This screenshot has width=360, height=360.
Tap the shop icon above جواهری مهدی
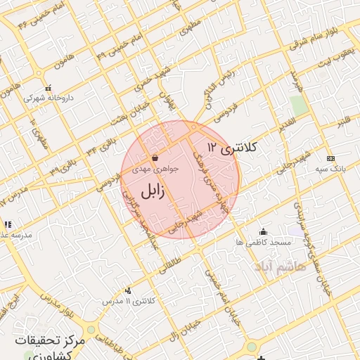(x=154, y=158)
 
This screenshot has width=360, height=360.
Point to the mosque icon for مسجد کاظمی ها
(x=263, y=231)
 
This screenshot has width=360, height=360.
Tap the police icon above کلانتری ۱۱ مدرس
(x=128, y=290)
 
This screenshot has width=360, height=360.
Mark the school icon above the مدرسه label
(x=8, y=225)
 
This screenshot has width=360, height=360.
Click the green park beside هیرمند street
(x=299, y=105)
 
